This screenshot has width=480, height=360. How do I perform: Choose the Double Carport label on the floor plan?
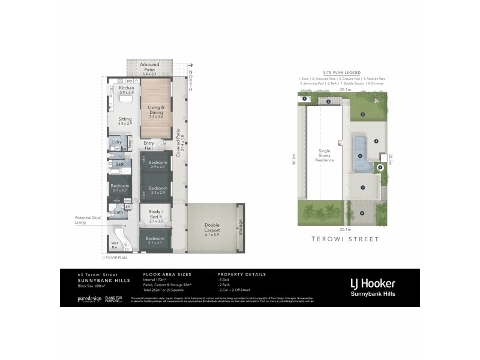213,228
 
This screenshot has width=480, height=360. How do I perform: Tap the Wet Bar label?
114,245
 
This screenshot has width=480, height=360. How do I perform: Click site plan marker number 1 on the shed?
305,98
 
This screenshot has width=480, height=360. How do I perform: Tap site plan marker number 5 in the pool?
360,155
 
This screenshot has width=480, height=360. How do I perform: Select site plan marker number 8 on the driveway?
362,212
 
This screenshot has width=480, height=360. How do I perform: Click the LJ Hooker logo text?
372,283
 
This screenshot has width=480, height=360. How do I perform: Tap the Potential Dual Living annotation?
88,220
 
